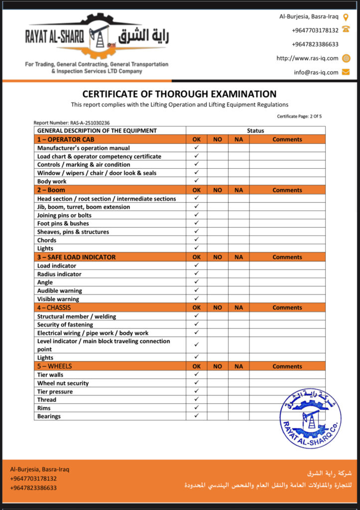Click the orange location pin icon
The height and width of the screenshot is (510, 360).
point(346,16)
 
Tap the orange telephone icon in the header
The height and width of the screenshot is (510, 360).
point(346,30)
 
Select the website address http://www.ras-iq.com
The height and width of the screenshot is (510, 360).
point(307,58)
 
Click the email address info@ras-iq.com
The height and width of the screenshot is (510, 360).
point(316,72)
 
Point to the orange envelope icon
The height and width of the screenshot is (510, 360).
point(346,72)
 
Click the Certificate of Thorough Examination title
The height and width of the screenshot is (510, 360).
point(179,94)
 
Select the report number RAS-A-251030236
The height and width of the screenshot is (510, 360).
point(72,123)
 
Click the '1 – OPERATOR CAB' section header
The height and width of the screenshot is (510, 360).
point(66,139)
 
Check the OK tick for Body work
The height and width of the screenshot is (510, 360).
point(197,181)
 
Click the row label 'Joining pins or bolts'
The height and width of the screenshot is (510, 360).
point(64,215)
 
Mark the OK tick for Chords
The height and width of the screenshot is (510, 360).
point(197,240)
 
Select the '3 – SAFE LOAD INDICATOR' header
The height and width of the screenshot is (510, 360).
point(76,257)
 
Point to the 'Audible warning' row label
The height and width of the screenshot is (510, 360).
point(60,291)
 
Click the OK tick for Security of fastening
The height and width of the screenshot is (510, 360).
point(197,324)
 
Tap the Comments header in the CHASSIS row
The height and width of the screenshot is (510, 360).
point(287,308)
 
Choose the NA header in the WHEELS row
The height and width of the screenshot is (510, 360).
point(239,367)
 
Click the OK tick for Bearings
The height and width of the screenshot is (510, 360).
point(197,415)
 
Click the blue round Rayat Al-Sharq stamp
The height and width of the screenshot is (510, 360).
point(310,418)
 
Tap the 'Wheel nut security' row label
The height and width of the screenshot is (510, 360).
point(63,383)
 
